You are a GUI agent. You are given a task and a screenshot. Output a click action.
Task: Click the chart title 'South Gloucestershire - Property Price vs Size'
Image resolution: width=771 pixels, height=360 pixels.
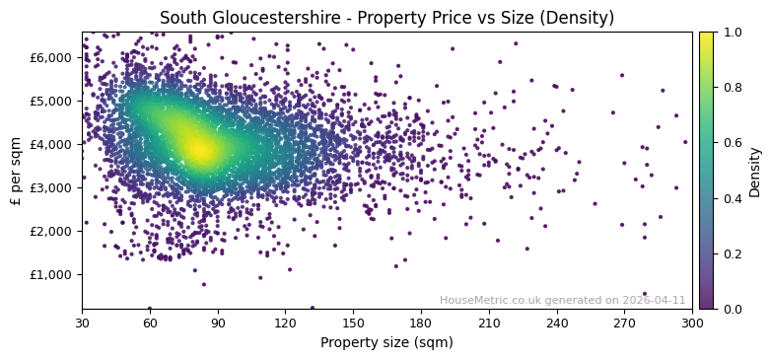(386, 18)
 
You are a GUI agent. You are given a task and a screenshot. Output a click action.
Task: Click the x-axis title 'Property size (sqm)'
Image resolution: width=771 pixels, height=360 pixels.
(386, 343)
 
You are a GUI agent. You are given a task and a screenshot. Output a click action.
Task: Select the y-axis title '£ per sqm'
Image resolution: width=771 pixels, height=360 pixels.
(16, 171)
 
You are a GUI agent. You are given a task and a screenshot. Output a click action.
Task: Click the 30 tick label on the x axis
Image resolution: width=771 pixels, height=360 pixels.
(82, 323)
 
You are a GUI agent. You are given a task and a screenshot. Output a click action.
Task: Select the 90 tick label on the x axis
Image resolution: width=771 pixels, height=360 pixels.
(218, 323)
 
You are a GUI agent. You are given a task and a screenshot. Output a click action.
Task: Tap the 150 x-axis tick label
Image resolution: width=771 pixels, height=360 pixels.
(353, 323)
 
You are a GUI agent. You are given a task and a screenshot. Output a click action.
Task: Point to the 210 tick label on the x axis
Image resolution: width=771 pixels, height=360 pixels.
(489, 323)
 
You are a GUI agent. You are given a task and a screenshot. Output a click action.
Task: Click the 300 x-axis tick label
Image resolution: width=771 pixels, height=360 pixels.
(692, 323)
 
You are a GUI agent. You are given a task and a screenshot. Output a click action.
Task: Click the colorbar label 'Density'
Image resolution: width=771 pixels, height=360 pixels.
(755, 171)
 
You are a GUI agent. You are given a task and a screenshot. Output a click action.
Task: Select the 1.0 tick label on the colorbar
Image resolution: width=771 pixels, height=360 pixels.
(730, 33)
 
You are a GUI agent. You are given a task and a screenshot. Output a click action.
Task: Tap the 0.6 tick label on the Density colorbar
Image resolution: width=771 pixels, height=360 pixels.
(730, 143)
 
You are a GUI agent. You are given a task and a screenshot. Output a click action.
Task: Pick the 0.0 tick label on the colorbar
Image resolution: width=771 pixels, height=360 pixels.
(730, 309)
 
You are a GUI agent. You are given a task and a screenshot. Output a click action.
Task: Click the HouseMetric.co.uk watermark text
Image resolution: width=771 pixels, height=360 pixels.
(562, 300)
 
